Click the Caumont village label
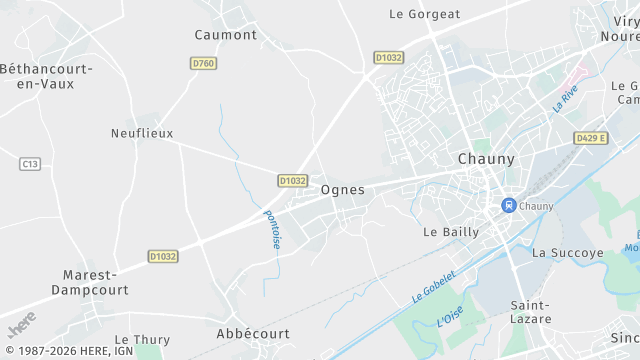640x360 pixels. (225, 34)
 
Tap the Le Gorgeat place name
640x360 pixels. (424, 14)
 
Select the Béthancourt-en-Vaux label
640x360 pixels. (46, 76)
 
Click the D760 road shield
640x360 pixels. (203, 63)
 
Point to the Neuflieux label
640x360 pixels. (142, 132)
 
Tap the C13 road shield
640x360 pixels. (31, 163)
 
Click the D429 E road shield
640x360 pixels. (591, 137)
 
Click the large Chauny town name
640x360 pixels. (485, 159)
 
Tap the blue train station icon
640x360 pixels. (508, 206)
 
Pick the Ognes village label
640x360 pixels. (343, 189)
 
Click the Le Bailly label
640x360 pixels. (451, 231)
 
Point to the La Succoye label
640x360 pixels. (568, 253)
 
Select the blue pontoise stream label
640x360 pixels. (272, 229)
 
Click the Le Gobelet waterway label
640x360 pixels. (434, 287)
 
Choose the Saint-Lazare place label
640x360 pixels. (531, 311)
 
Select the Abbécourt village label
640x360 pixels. (253, 333)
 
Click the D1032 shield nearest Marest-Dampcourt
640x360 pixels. (162, 256)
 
